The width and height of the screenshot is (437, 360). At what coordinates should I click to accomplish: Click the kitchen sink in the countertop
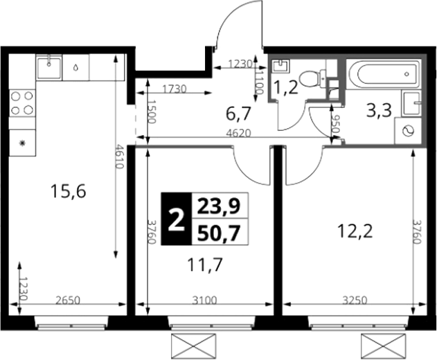[x=49, y=67]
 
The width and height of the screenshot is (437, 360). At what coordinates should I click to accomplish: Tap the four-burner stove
[x=22, y=103]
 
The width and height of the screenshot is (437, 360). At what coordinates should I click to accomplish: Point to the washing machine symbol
[x=408, y=131]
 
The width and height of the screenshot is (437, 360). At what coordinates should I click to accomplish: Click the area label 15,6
[x=69, y=192]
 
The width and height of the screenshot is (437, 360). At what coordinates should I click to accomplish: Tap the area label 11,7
[x=205, y=264]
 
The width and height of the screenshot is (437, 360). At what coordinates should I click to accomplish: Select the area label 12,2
[x=355, y=231]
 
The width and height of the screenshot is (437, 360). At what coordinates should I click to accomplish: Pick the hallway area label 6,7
[x=238, y=114]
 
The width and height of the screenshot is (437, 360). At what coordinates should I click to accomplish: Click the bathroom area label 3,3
[x=380, y=110]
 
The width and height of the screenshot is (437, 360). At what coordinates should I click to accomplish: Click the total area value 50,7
[x=219, y=233]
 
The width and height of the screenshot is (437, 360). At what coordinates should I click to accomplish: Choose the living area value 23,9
[x=219, y=207]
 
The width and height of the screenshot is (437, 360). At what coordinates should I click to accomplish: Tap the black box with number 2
[x=177, y=219]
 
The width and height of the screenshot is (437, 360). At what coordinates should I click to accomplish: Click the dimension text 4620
[x=238, y=133]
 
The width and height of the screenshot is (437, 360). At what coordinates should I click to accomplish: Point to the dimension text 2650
[x=68, y=300]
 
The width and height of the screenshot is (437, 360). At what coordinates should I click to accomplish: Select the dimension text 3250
[x=355, y=300]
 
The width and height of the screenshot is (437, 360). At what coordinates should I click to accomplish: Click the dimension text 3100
[x=204, y=300]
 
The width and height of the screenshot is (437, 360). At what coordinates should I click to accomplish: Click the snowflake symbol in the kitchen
[x=22, y=143]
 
